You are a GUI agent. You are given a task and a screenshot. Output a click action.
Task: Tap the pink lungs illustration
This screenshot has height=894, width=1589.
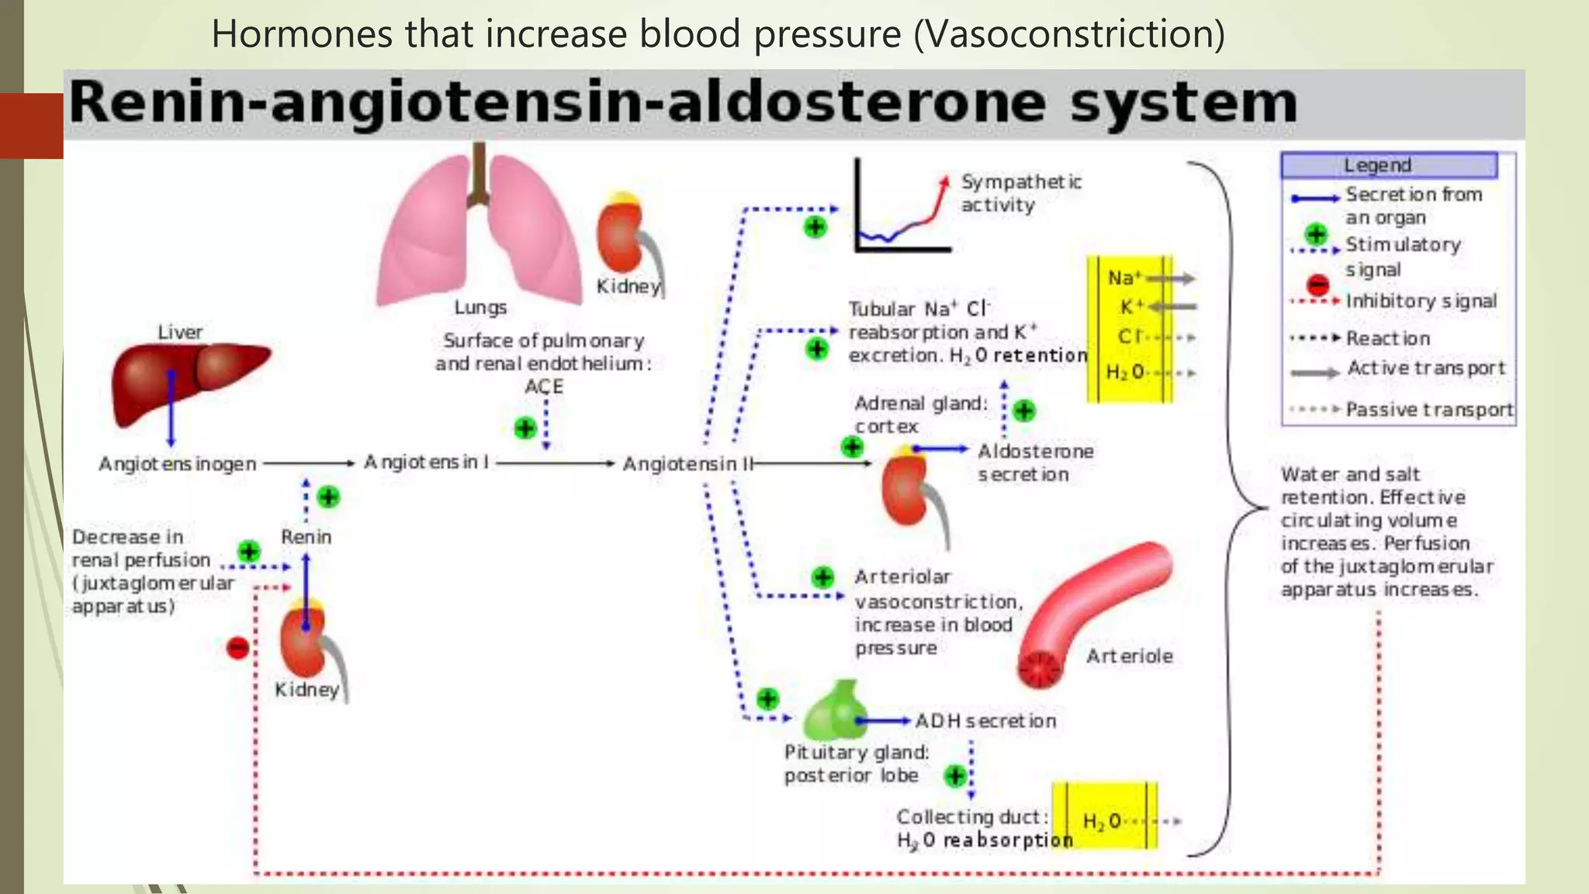pyautogui.click(x=479, y=233)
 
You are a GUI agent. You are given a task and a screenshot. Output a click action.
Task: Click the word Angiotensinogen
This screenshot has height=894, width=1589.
pyautogui.click(x=177, y=464)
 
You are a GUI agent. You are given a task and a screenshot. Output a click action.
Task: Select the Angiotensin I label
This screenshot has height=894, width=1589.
pyautogui.click(x=426, y=463)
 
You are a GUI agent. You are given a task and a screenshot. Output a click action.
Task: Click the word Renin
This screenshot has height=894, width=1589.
pyautogui.click(x=306, y=537)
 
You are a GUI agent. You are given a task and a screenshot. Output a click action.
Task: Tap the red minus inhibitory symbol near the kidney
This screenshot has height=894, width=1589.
pyautogui.click(x=237, y=648)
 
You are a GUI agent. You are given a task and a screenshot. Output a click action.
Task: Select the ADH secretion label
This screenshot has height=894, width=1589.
pyautogui.click(x=985, y=722)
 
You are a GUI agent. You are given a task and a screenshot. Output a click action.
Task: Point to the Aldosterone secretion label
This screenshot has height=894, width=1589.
pyautogui.click(x=1034, y=463)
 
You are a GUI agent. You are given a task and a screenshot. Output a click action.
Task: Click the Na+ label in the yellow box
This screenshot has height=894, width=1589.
pyautogui.click(x=1123, y=278)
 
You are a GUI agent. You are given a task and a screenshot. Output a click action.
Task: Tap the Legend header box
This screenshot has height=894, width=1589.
pyautogui.click(x=1388, y=165)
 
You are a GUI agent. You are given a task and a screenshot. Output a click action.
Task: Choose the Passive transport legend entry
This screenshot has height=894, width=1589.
pyautogui.click(x=1428, y=410)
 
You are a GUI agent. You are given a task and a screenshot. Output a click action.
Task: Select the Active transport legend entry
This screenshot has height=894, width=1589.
pyautogui.click(x=1425, y=369)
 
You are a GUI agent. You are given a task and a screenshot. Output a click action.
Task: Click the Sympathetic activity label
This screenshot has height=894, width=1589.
pyautogui.click(x=1020, y=193)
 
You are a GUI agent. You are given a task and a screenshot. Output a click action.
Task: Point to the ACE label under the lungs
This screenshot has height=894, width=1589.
pyautogui.click(x=543, y=386)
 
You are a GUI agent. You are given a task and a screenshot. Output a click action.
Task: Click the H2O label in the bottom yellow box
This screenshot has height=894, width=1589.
pyautogui.click(x=1101, y=822)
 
